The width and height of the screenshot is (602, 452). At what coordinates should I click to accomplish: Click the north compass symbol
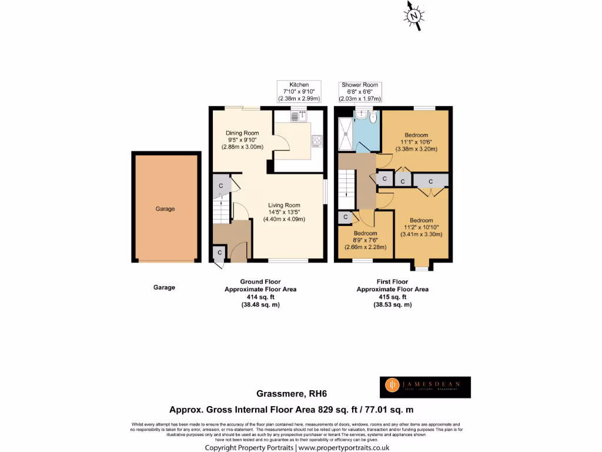click(415, 15)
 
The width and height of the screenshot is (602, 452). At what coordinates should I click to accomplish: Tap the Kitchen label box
click(299, 91)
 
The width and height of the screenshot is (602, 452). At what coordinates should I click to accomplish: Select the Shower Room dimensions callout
click(360, 92)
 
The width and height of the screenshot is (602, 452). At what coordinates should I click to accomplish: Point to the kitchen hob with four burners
click(317, 141)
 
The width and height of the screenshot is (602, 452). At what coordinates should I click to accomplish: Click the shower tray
click(346, 134)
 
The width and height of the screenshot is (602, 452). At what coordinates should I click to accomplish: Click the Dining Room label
click(242, 140)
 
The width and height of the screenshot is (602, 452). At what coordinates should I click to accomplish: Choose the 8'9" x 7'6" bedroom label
click(365, 240)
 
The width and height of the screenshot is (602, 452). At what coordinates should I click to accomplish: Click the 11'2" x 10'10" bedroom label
click(421, 227)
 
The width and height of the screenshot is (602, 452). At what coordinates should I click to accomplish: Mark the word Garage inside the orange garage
click(165, 209)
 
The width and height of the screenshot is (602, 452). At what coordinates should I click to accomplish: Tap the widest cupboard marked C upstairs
click(430, 181)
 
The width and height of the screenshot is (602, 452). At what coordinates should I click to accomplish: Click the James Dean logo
click(424, 386)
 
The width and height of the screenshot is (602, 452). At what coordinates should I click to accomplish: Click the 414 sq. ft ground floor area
click(260, 297)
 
